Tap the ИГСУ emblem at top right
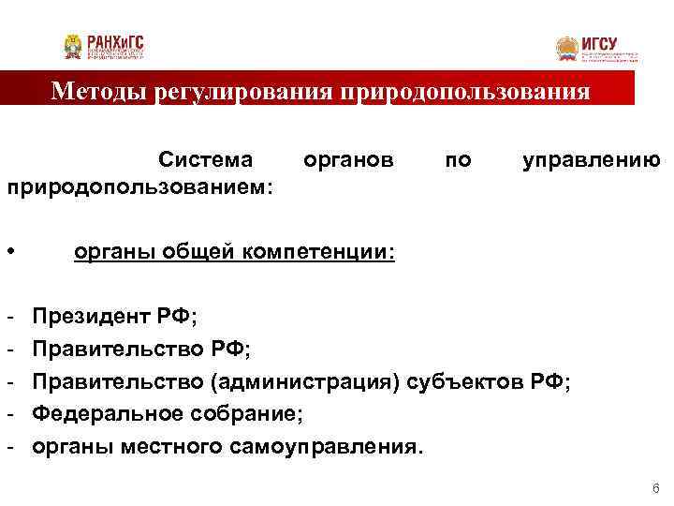pos(567,48)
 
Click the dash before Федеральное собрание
pos(9,414)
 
